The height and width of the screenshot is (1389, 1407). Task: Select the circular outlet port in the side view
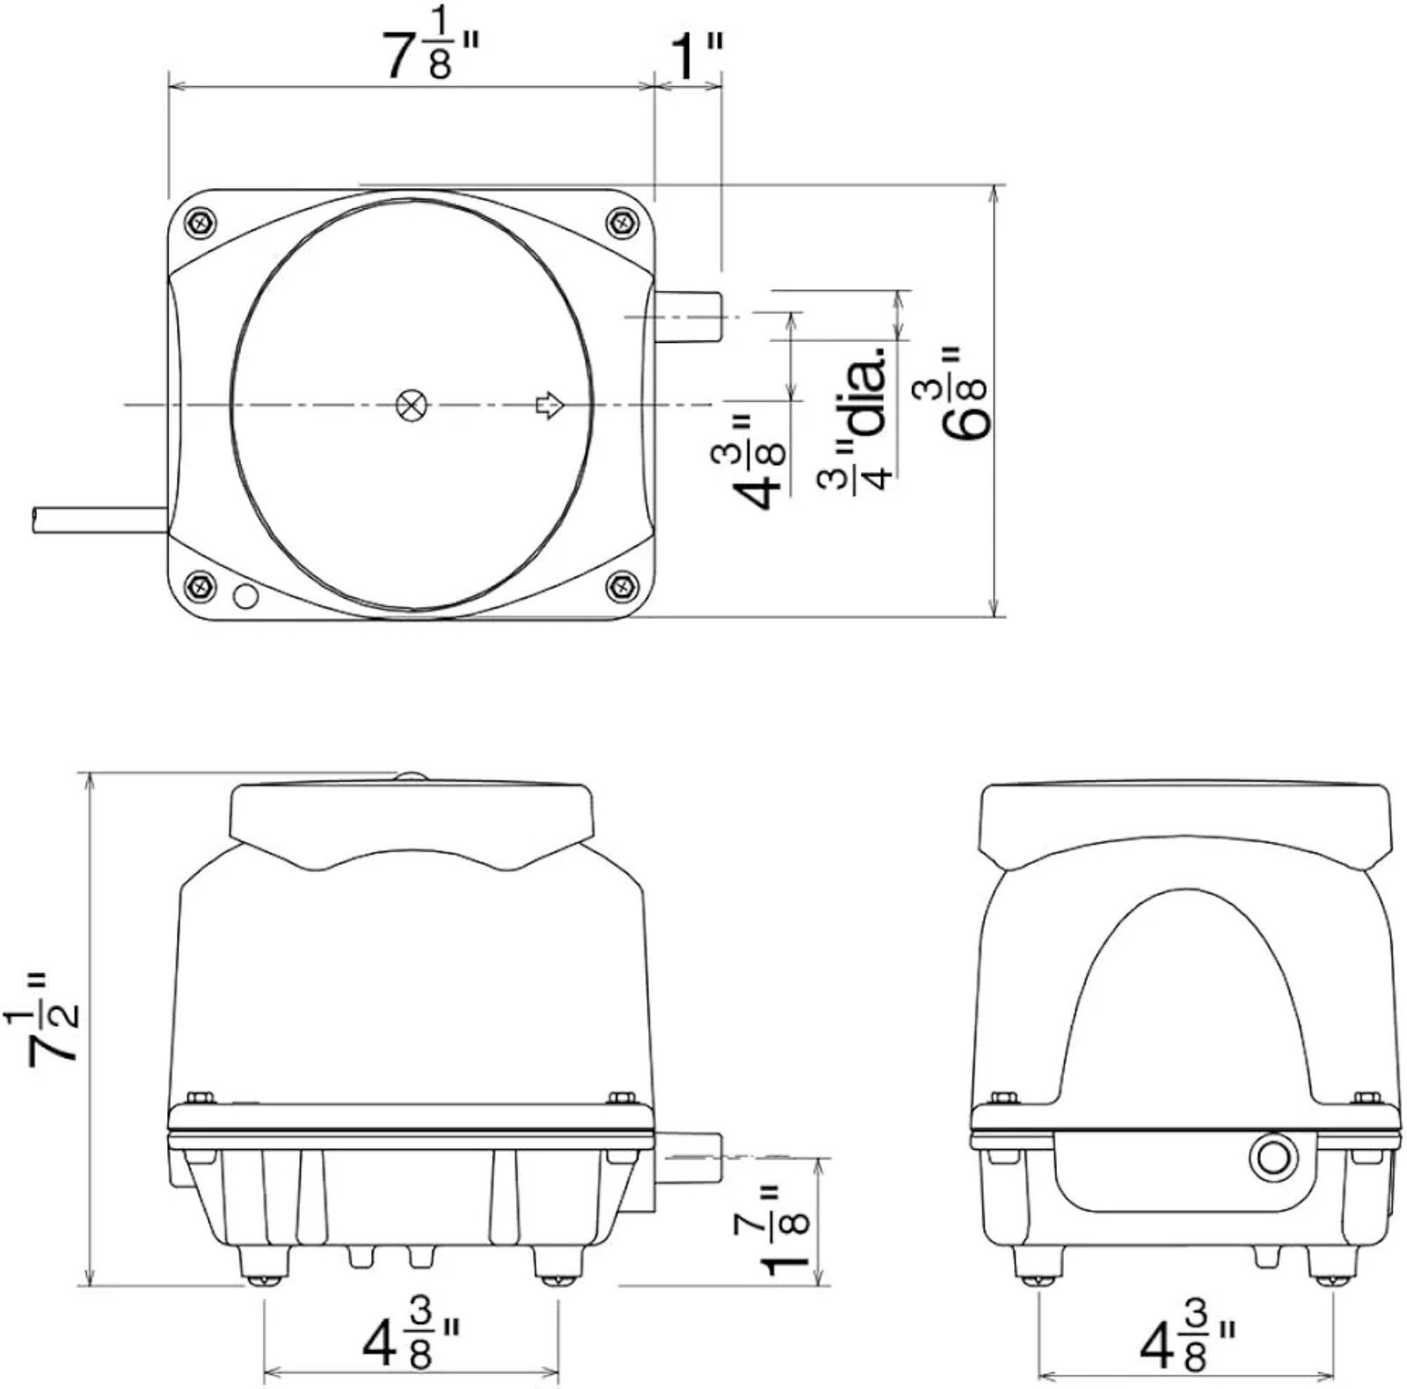1272,1157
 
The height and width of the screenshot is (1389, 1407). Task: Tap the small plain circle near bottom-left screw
245,596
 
